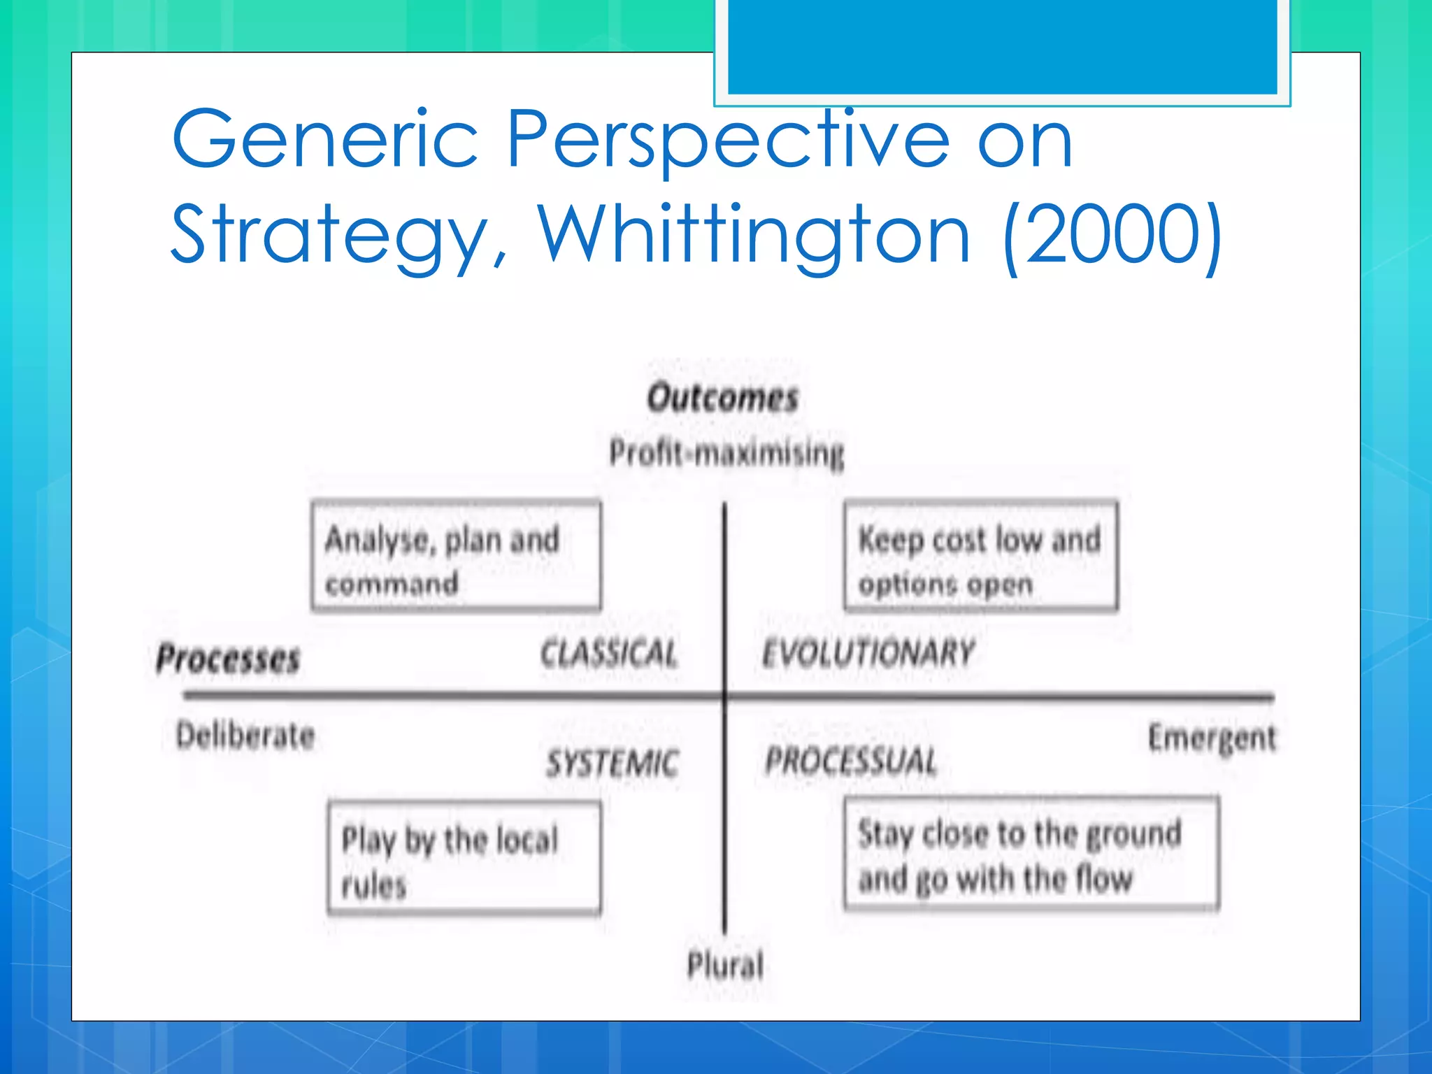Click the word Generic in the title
coord(324,140)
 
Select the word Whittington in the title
coord(754,235)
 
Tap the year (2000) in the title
coord(1112,235)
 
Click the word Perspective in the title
coord(727,140)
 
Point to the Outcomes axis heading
coord(722,398)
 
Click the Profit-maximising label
coord(726,452)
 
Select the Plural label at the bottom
coord(725,965)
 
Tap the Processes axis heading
coord(228,659)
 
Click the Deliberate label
coord(245,736)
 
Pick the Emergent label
coord(1212,738)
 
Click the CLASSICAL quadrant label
coord(609,654)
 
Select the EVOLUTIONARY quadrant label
coord(868,653)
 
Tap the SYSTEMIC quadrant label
coord(613,763)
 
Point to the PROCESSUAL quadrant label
coord(851,761)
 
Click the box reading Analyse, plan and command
coord(456,557)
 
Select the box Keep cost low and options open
coord(980,557)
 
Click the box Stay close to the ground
coord(1031,854)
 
